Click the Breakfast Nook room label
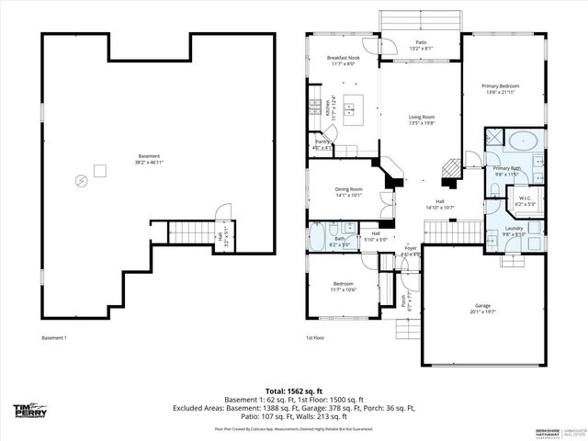(x=342, y=61)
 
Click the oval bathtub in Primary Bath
(x=525, y=141)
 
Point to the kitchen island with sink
(x=353, y=108)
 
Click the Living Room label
(x=421, y=119)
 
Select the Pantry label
(x=322, y=143)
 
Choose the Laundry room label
(x=514, y=231)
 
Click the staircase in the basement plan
(x=191, y=232)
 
